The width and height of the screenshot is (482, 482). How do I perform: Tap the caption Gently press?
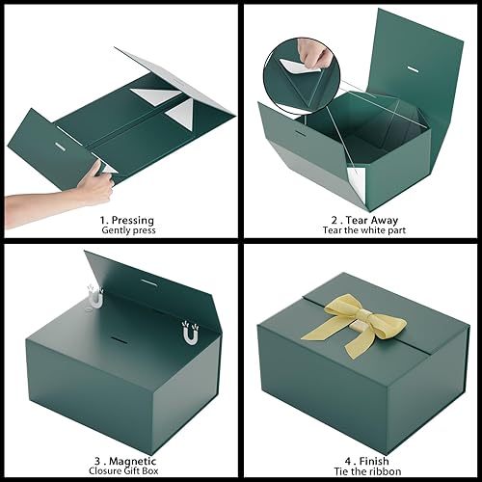click(120, 231)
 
